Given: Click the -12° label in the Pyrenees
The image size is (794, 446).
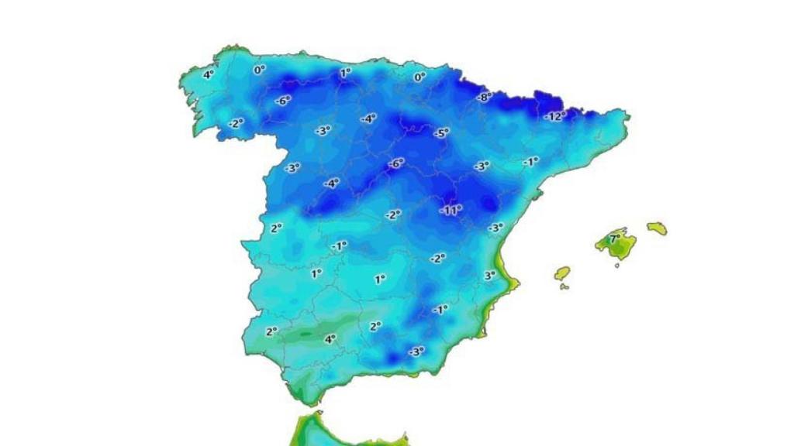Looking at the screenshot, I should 554,116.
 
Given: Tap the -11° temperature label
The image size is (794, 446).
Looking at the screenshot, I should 451,210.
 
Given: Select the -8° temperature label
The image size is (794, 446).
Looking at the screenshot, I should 485,97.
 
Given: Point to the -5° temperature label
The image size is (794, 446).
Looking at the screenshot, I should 441,132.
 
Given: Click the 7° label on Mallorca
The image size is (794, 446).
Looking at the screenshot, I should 614,239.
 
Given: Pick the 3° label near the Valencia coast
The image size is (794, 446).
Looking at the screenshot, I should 490,275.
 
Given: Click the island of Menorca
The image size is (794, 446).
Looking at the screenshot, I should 657,228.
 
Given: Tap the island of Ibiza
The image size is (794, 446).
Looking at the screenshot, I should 562,273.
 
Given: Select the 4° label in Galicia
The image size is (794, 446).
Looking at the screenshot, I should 208,74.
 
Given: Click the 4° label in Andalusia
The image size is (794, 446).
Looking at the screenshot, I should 330,338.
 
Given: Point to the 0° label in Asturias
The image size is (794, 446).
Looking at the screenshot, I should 260,69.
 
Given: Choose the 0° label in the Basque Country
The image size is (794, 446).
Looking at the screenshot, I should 419,77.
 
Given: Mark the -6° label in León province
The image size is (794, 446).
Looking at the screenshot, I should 281,100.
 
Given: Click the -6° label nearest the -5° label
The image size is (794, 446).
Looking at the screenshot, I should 396,163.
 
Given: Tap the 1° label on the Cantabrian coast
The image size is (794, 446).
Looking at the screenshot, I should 345,73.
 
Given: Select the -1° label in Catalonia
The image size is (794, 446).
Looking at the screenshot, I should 530,162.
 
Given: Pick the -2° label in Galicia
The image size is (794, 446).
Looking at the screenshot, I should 236,123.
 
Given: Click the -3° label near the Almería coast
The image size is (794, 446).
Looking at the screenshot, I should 416,351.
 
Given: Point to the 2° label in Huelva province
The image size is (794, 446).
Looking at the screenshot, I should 271,331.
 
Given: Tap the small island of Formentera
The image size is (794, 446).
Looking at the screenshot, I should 564,287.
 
